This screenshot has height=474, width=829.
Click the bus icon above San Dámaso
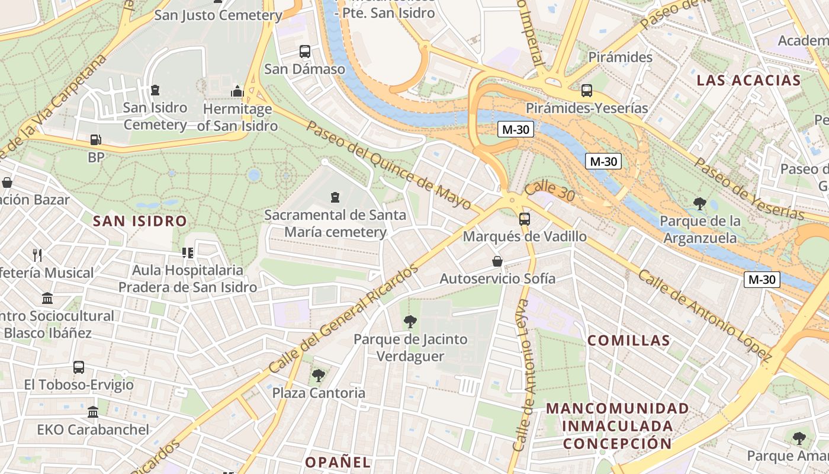[305, 52]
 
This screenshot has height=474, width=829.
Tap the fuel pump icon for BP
[95, 140]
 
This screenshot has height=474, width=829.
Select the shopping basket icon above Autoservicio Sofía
[497, 261]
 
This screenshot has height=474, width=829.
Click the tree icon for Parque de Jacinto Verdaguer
[410, 322]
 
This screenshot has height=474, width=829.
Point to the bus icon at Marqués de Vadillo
[524, 219]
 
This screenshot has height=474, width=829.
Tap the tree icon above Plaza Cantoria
[319, 376]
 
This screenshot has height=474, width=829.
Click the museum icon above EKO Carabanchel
[93, 412]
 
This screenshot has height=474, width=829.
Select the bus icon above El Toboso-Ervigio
[79, 367]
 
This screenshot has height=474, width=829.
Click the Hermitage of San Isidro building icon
[237, 91]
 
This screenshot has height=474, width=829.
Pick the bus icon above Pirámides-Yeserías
[586, 91]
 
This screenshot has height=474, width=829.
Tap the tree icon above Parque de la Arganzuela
[700, 204]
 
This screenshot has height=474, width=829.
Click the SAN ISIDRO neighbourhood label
[140, 222]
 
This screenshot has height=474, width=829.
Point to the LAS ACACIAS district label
[748, 81]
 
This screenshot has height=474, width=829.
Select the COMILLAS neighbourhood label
[628, 341]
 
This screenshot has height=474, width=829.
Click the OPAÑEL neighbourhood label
[338, 462]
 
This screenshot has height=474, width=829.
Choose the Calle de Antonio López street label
[705, 316]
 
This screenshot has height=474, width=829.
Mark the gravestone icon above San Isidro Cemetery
[155, 90]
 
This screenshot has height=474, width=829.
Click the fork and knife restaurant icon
[37, 255]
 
